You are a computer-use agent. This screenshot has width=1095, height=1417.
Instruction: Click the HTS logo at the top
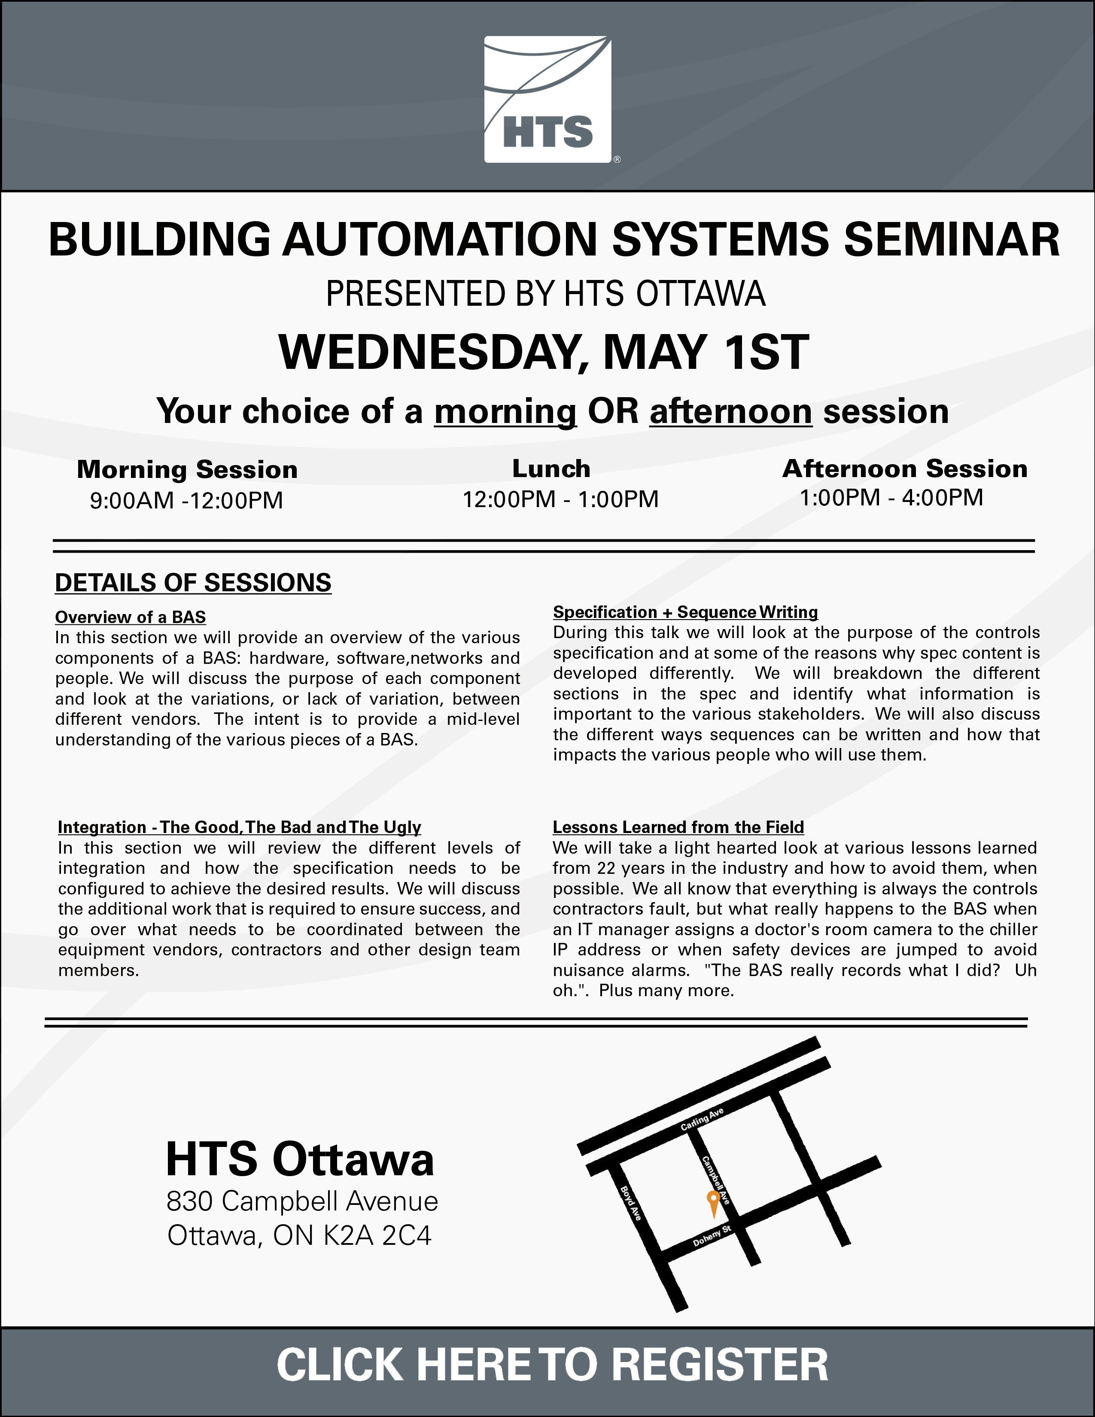(547, 99)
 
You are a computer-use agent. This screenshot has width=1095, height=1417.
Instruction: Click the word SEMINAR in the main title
(952, 240)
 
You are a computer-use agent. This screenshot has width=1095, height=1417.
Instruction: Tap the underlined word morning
(505, 411)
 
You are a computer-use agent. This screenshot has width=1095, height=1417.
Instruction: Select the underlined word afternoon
(730, 411)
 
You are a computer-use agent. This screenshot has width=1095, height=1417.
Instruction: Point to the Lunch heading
(551, 468)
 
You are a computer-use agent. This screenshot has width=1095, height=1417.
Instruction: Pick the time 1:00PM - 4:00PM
(891, 498)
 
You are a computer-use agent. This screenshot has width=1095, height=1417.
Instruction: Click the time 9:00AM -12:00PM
(186, 500)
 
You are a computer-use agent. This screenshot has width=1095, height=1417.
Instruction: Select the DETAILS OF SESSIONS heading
(193, 583)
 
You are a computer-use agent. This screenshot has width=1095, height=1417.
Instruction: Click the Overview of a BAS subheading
(131, 617)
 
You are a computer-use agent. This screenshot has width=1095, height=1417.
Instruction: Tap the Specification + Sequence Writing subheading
(685, 612)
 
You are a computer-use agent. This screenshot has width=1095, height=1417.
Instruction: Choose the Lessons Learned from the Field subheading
(678, 827)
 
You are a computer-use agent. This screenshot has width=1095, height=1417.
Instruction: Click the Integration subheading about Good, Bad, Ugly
(239, 827)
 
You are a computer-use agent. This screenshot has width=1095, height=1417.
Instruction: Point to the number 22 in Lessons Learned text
(606, 868)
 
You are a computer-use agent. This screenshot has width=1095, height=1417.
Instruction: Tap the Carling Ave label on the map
(702, 1119)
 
